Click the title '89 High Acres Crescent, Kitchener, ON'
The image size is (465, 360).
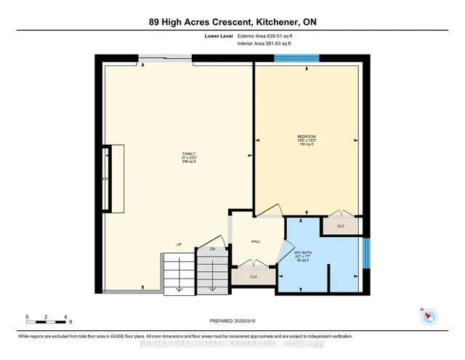(x=232, y=22)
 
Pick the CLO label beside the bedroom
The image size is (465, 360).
(x=341, y=226)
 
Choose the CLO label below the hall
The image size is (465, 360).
(x=253, y=277)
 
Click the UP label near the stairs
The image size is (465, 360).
(x=179, y=244)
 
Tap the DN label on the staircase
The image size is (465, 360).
(x=212, y=249)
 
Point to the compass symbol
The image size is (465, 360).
(x=429, y=316)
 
